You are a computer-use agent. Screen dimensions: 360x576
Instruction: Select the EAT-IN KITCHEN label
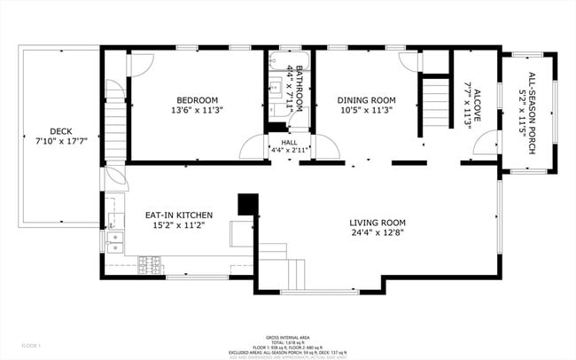pyautogui.click(x=178, y=215)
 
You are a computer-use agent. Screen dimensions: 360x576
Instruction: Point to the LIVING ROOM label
pyautogui.click(x=377, y=223)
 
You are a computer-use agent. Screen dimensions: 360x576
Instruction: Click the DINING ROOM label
pyautogui.click(x=367, y=100)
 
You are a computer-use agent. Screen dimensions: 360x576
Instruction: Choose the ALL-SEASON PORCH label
pyautogui.click(x=532, y=113)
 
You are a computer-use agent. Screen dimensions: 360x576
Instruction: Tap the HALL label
pyautogui.click(x=289, y=142)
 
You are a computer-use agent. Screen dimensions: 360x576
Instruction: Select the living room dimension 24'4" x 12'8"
pyautogui.click(x=377, y=234)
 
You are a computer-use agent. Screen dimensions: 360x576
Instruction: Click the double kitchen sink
pyautogui.click(x=113, y=239)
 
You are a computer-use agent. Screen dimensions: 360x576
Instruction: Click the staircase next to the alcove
pyautogui.click(x=434, y=94)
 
